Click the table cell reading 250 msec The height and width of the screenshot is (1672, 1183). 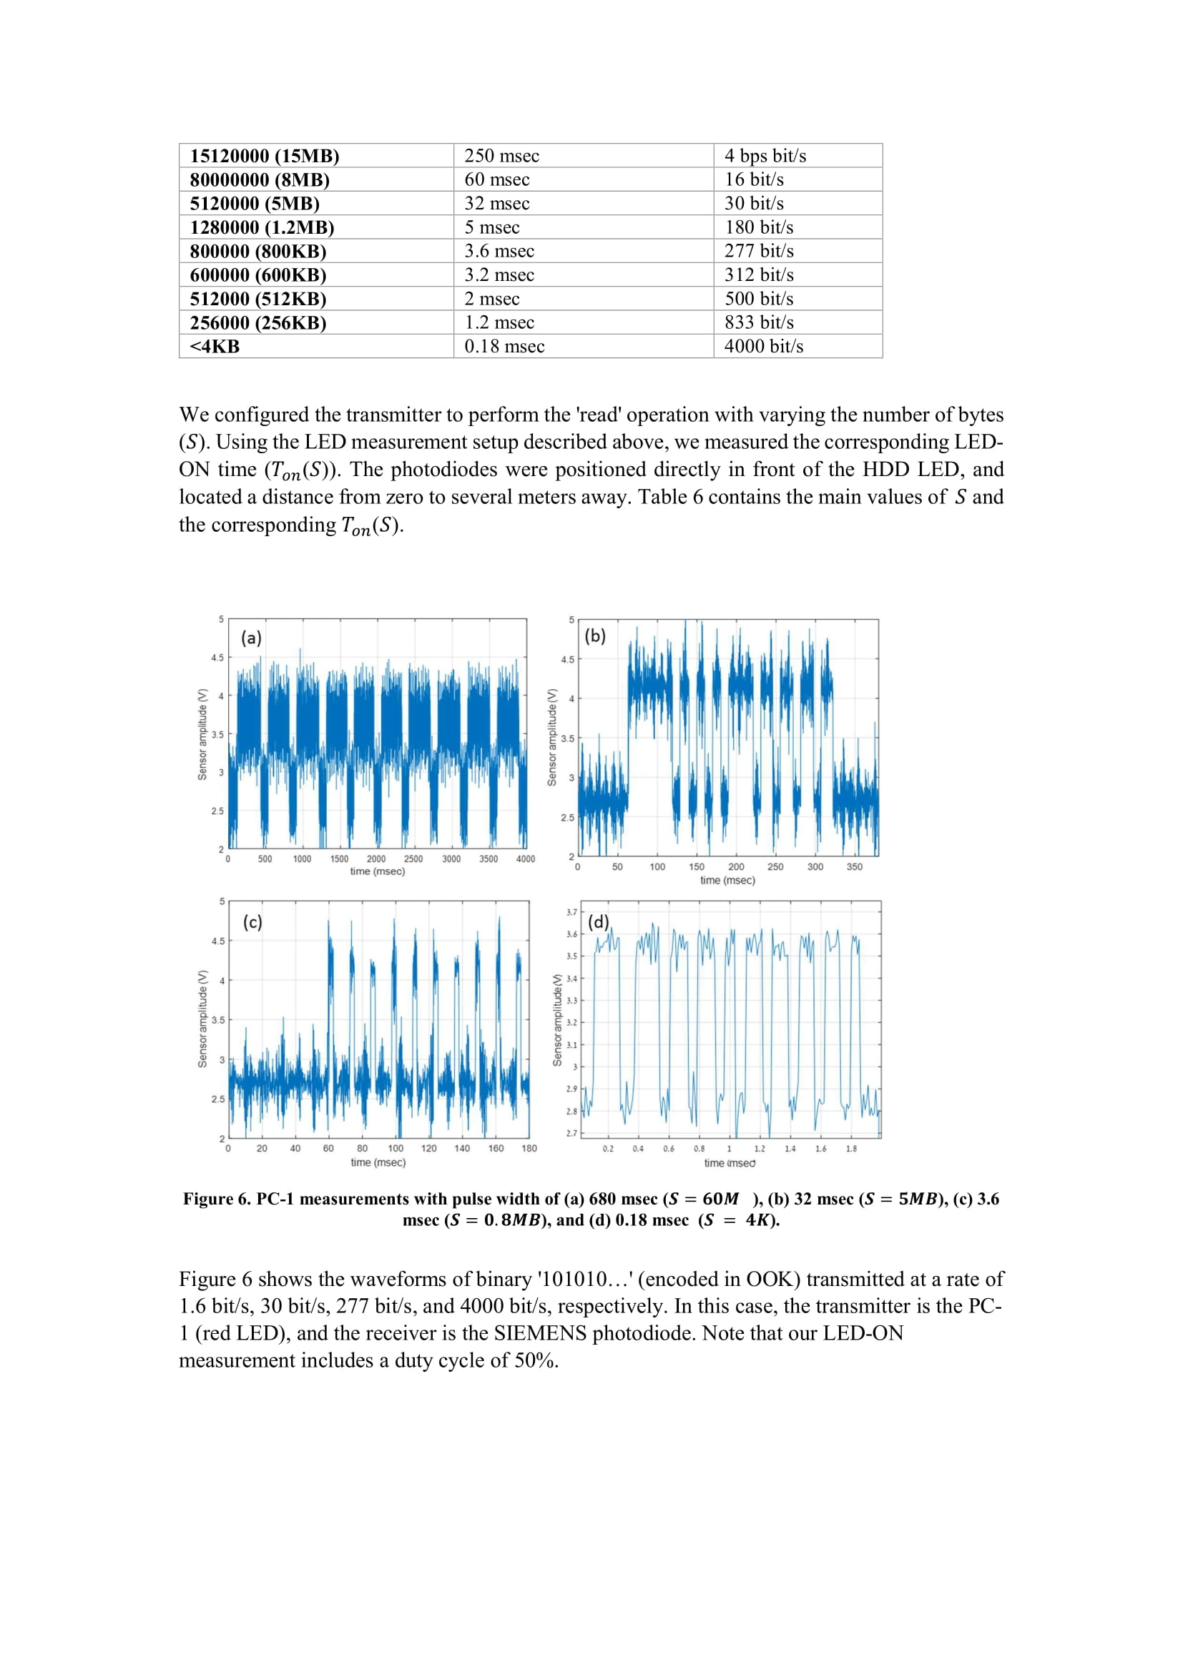point(501,156)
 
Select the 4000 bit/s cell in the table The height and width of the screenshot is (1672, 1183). point(763,347)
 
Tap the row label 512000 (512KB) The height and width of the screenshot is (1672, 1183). point(258,300)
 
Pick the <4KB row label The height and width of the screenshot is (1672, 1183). point(214,347)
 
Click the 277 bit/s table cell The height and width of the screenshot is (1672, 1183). point(758,251)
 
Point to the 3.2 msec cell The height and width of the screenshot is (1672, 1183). point(499,275)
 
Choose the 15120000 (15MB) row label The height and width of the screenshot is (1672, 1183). point(265,156)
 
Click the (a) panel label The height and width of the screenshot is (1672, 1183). point(251,638)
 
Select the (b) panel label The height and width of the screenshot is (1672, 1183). point(595,635)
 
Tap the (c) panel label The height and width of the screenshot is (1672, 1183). point(252,923)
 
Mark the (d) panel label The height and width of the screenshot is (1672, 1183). point(598,922)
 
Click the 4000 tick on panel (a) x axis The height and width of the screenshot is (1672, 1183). point(525,859)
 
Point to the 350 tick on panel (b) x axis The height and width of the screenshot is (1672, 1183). point(855,867)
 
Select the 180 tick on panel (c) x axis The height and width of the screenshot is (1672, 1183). point(529,1149)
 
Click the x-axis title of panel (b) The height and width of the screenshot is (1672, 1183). point(727,881)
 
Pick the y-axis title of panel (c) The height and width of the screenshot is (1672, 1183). point(202,1019)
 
